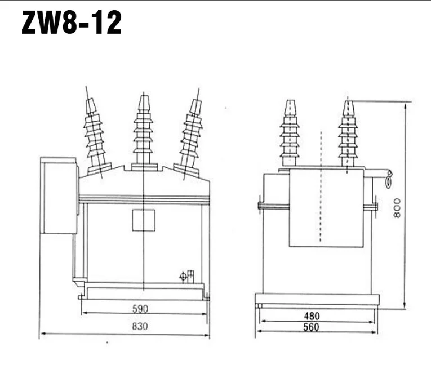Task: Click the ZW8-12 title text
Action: pos(72,24)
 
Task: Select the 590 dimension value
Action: pos(141,308)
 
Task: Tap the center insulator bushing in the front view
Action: pos(144,133)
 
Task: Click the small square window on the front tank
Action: pos(143,219)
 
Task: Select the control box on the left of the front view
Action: pos(59,195)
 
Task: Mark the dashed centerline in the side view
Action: pos(321,186)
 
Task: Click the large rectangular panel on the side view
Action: pos(326,208)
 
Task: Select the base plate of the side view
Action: pos(317,299)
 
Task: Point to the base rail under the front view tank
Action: pos(143,292)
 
